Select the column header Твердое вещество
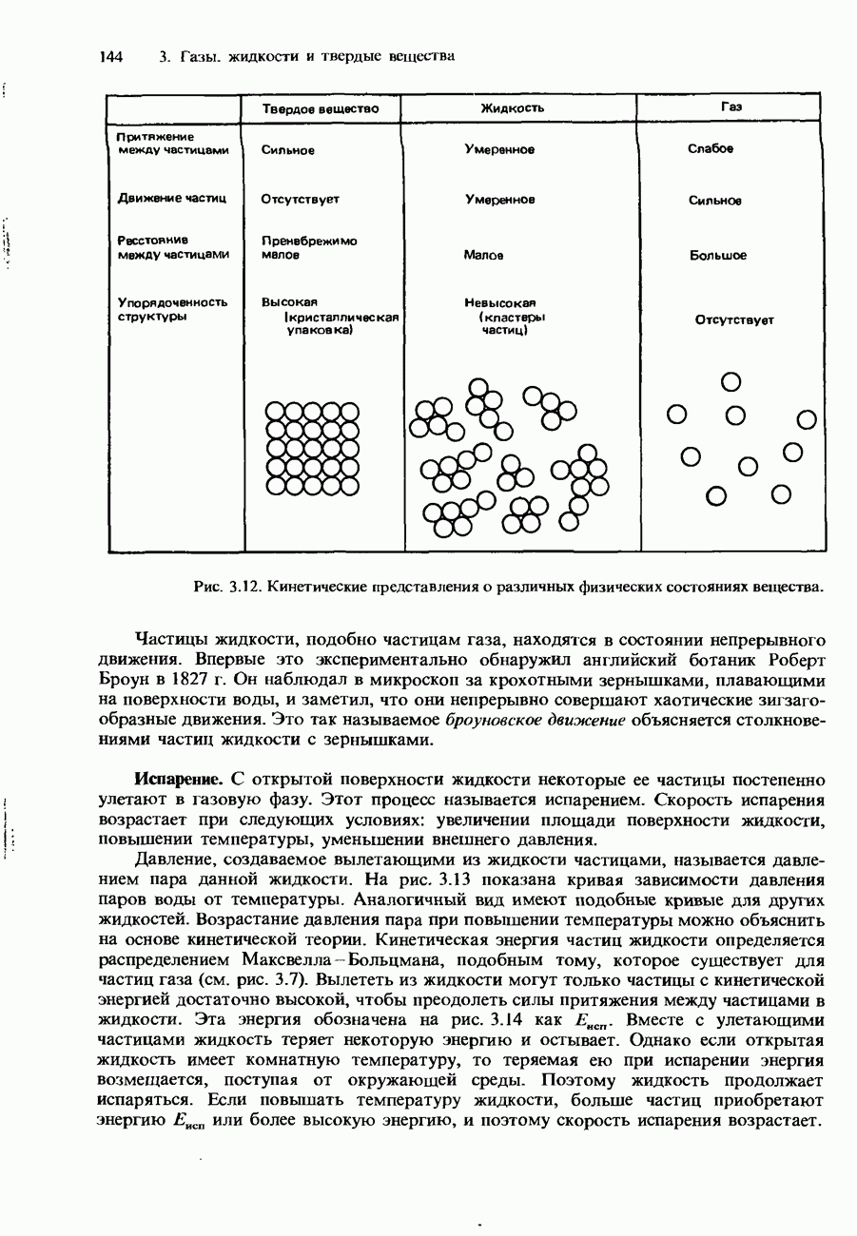tap(321, 108)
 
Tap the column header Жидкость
tap(512, 108)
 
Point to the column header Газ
tap(730, 107)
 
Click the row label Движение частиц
tap(172, 199)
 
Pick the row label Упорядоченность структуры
tap(172, 310)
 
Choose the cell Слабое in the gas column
tap(711, 149)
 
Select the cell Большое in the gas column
tap(718, 256)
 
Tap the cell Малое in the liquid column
tap(483, 255)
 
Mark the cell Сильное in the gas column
tap(714, 201)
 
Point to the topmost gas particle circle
tap(730, 382)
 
